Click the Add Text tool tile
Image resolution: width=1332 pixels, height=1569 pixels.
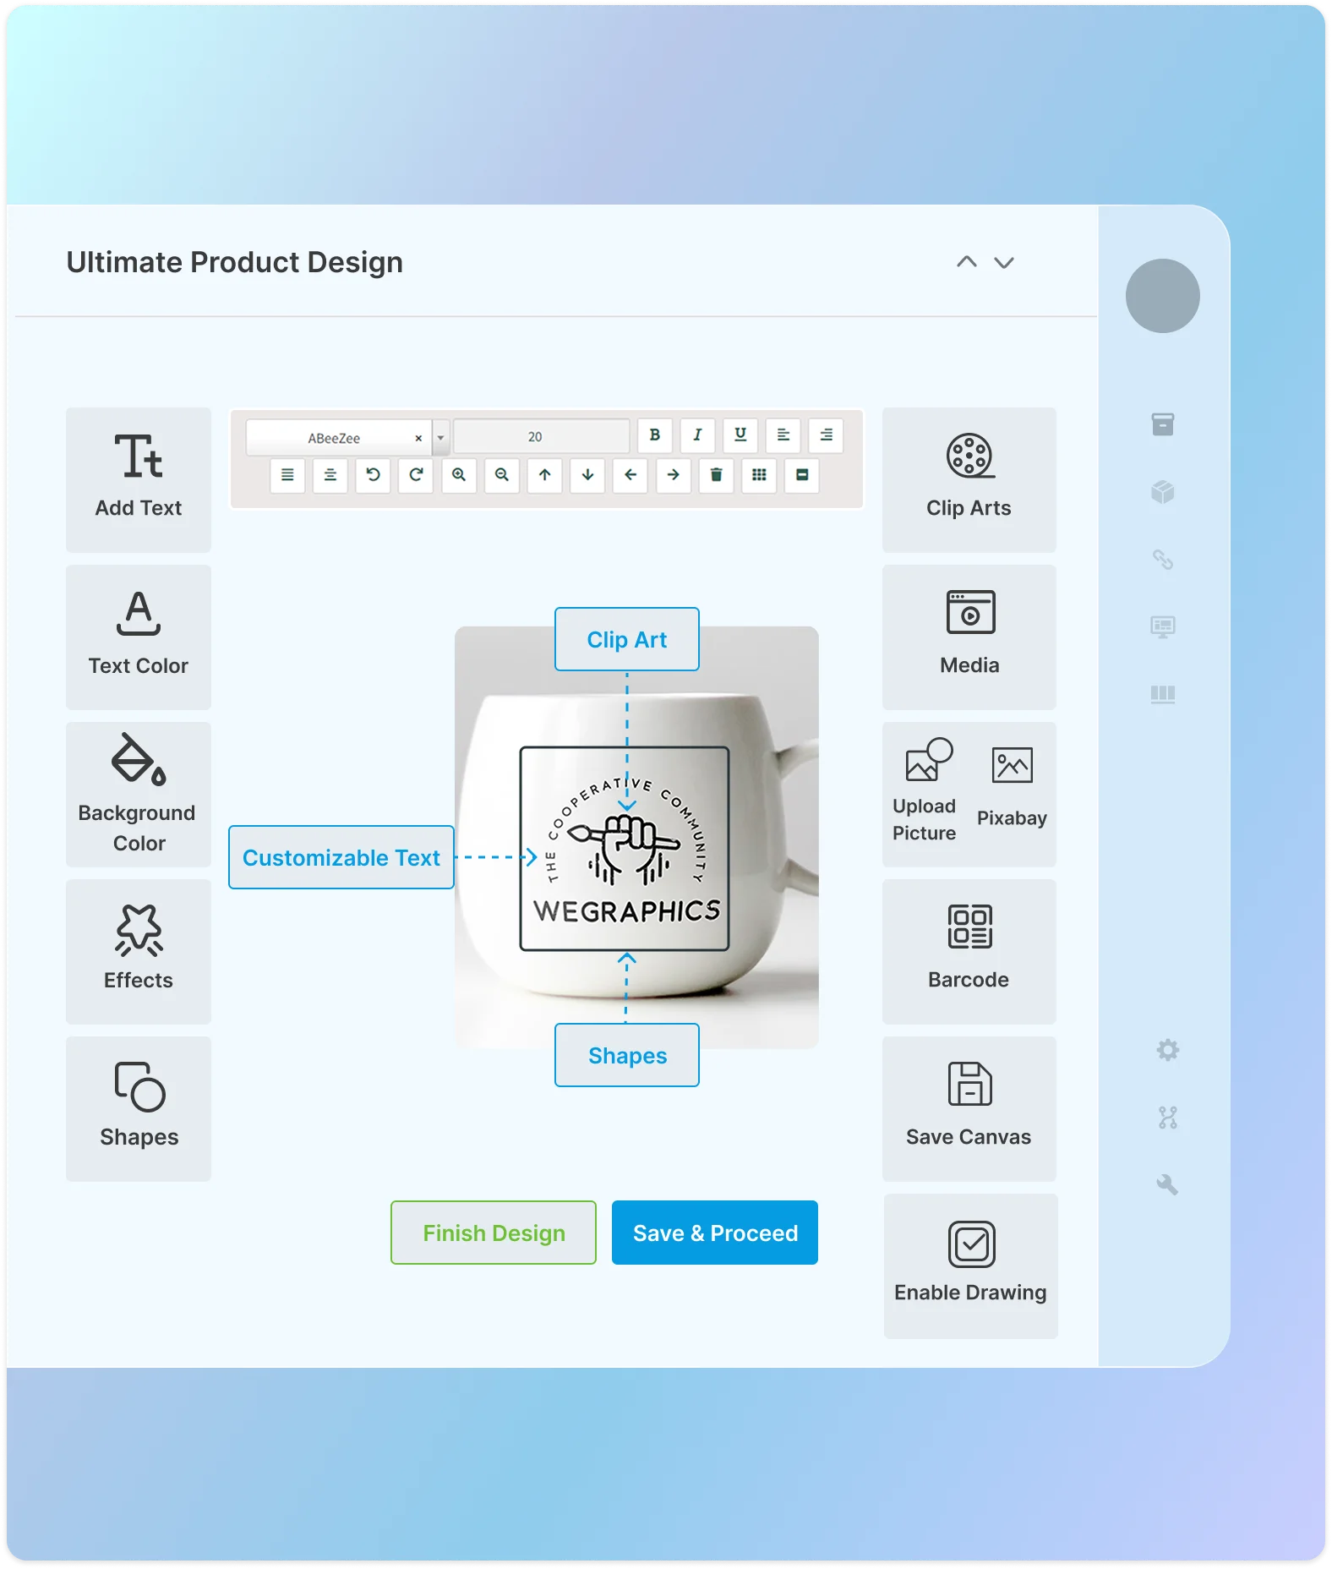(x=139, y=479)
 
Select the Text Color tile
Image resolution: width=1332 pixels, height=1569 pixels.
(x=139, y=637)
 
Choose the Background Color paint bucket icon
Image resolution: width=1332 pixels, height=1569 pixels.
(x=139, y=759)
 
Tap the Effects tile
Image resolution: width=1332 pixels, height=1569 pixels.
(x=139, y=951)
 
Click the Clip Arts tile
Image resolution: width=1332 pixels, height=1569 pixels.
(x=969, y=479)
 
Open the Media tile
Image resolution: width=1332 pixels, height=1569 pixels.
(x=969, y=637)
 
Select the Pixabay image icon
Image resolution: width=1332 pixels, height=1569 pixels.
(x=1012, y=766)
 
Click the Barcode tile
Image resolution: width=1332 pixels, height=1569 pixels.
(x=969, y=951)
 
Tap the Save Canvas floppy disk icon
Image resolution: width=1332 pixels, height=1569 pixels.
(x=969, y=1085)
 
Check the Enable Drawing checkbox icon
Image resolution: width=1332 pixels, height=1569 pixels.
(x=971, y=1244)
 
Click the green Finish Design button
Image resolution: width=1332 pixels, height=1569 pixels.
(x=494, y=1233)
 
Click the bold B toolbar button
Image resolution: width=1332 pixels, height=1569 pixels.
(x=654, y=435)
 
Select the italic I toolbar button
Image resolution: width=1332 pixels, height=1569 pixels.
(x=697, y=435)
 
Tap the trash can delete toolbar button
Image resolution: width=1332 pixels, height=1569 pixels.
(x=716, y=475)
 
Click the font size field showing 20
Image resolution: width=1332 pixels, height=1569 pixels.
(x=541, y=437)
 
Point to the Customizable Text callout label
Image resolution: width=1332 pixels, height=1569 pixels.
(x=341, y=857)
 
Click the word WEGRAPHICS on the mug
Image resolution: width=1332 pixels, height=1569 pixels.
(x=626, y=911)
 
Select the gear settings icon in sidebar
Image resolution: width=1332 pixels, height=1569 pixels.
(x=1167, y=1051)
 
